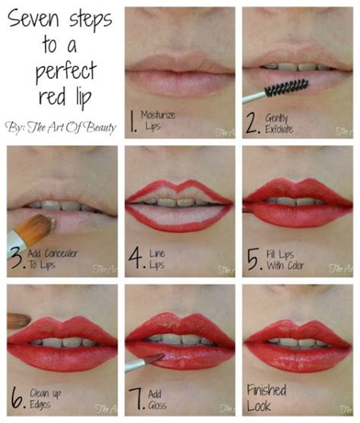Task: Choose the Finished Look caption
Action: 267,396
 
